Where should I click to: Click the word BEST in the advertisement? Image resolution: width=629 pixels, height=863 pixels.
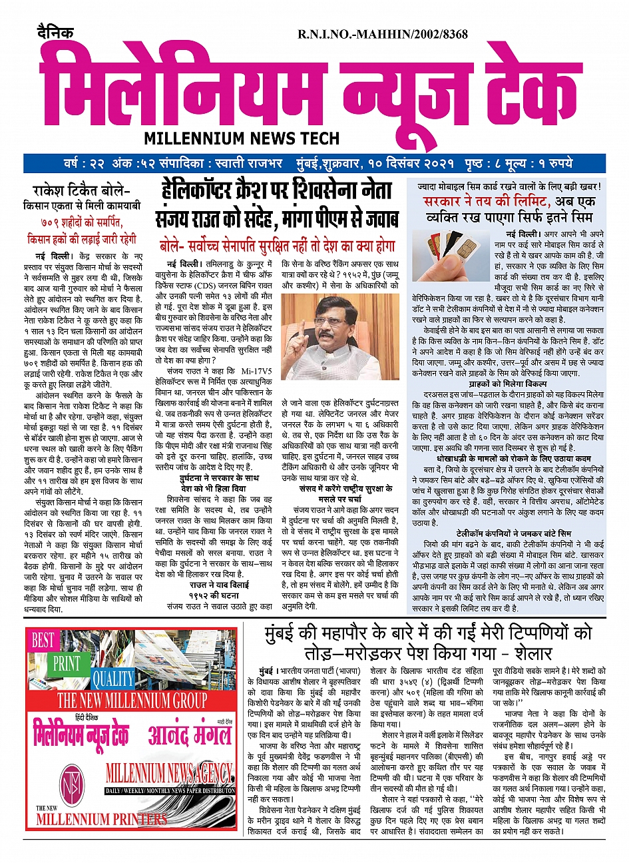click(x=43, y=641)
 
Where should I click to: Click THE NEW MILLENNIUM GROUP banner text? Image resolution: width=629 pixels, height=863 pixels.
click(x=132, y=701)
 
